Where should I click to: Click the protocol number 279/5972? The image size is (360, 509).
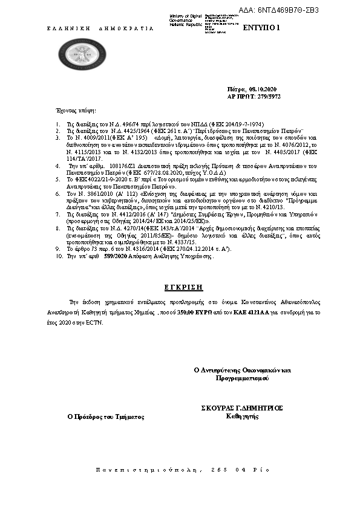pos(266,96)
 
